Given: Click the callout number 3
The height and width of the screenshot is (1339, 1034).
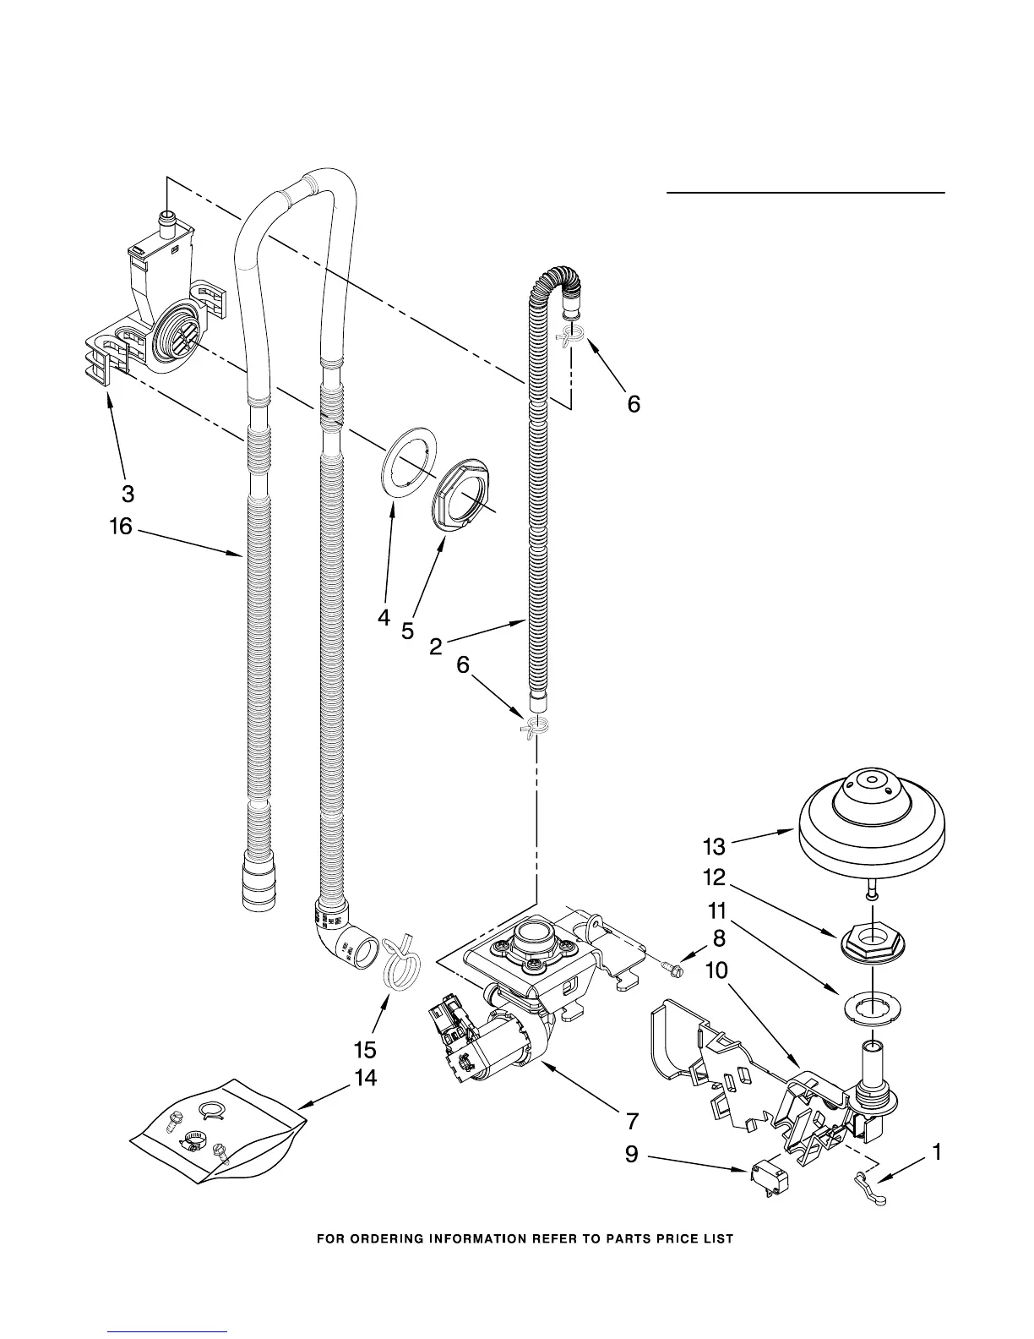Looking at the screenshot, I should [x=128, y=493].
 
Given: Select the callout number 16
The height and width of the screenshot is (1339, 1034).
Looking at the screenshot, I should [x=121, y=527].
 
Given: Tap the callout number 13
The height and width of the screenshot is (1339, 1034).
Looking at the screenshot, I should [x=714, y=845].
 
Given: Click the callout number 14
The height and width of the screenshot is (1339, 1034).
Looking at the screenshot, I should [x=365, y=1078].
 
